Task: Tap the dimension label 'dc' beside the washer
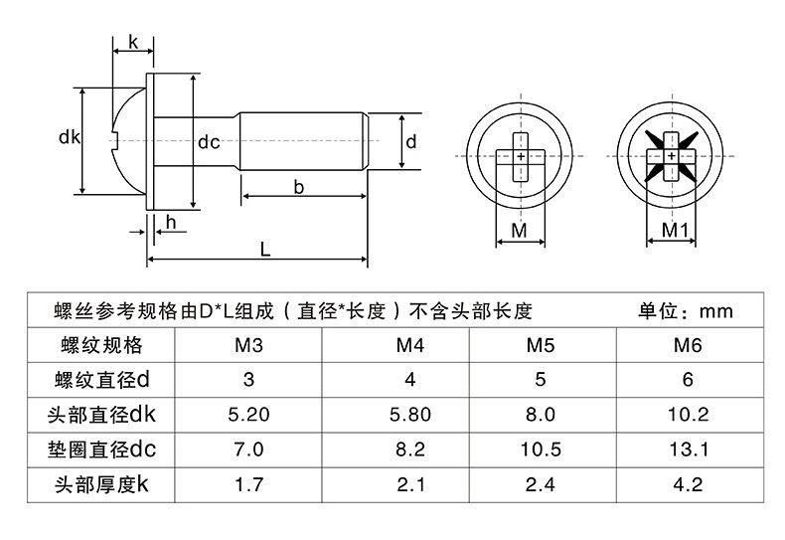pyautogui.click(x=209, y=142)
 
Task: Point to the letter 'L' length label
pyautogui.click(x=265, y=251)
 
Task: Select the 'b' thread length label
pyautogui.click(x=299, y=186)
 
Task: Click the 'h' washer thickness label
pyautogui.click(x=171, y=222)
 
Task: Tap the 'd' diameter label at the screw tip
pyautogui.click(x=410, y=142)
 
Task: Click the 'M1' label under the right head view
pyautogui.click(x=677, y=230)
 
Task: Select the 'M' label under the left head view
pyautogui.click(x=519, y=230)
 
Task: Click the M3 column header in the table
pyautogui.click(x=248, y=346)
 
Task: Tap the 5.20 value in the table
pyautogui.click(x=248, y=414)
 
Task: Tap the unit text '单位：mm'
pyautogui.click(x=686, y=311)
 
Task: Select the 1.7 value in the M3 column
pyautogui.click(x=248, y=485)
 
